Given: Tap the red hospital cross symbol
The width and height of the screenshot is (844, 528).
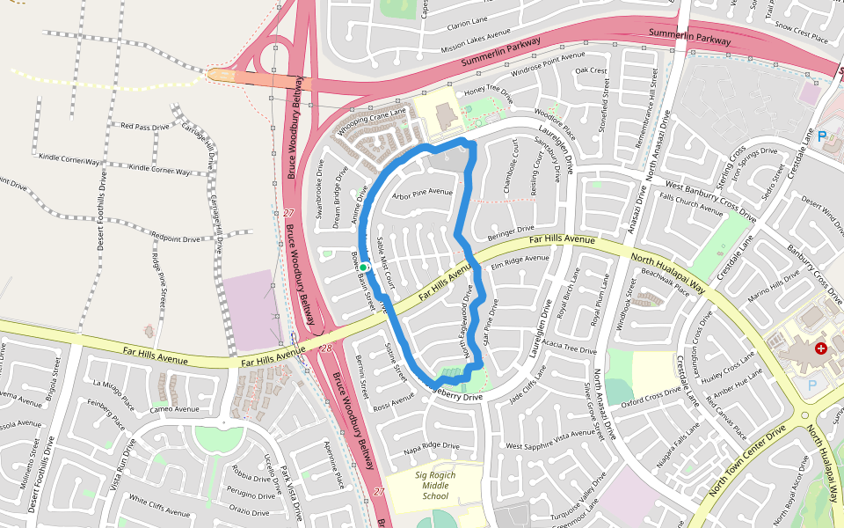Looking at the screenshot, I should [x=821, y=349].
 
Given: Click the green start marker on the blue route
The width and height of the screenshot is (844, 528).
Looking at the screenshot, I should [x=363, y=267].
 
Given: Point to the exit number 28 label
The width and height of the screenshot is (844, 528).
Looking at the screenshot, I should [x=326, y=348].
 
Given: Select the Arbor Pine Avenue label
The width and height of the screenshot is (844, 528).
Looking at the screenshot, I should [x=422, y=193].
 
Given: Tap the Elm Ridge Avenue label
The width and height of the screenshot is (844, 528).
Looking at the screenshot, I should [x=520, y=261].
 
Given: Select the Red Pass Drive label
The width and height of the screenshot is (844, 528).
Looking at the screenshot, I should [x=145, y=128].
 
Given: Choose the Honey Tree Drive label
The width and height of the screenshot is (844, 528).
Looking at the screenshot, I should [x=488, y=90].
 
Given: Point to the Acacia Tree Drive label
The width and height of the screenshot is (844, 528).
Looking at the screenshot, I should [x=569, y=348].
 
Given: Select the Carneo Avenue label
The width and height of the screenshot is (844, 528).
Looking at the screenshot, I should [x=174, y=409].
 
